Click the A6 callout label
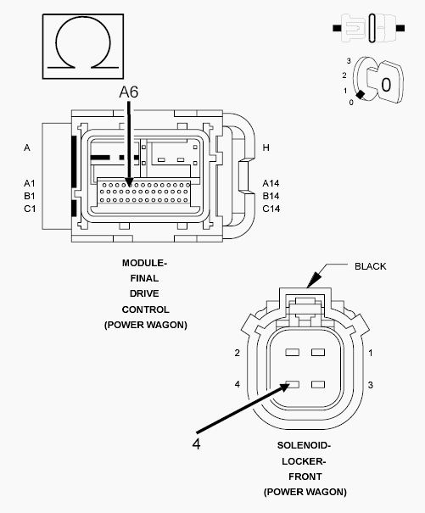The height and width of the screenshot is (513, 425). click(x=129, y=92)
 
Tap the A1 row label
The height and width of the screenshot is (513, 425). click(x=30, y=183)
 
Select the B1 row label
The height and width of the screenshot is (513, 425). click(x=30, y=196)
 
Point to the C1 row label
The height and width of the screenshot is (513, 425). click(x=30, y=209)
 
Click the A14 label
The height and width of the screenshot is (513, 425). click(x=271, y=183)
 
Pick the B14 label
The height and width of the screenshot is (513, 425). click(x=271, y=196)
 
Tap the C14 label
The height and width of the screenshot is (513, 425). click(x=271, y=209)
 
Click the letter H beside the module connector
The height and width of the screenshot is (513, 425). click(x=266, y=148)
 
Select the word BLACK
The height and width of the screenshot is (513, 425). click(x=371, y=266)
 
